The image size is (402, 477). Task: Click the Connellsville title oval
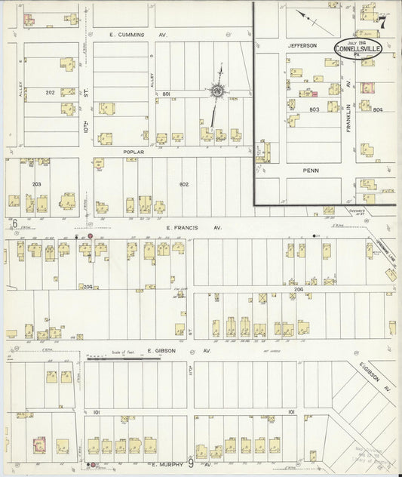pyautogui.click(x=359, y=47)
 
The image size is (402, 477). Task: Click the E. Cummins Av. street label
pyautogui.click(x=138, y=35)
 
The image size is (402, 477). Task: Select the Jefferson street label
pyautogui.click(x=299, y=45)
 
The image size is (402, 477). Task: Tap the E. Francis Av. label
pyautogui.click(x=185, y=226)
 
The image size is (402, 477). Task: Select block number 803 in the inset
pyautogui.click(x=315, y=109)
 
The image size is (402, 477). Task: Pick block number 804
pyautogui.click(x=377, y=110)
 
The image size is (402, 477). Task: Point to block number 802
pyautogui.click(x=183, y=184)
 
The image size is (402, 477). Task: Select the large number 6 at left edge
pyautogui.click(x=14, y=223)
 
